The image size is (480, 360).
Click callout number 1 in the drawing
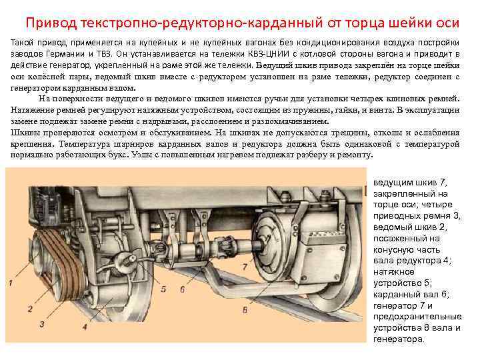(11, 283)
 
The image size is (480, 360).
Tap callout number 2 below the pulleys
(30, 309)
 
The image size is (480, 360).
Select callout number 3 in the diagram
(42, 323)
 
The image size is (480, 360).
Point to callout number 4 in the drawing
(85, 327)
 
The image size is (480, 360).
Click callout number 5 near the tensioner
(163, 289)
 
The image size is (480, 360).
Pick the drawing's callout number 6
(183, 289)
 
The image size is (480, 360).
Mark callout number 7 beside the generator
(245, 267)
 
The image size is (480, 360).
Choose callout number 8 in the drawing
(245, 310)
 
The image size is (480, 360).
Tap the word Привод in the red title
(51, 23)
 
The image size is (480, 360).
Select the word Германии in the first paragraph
(65, 54)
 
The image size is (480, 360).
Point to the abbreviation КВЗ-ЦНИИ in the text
(269, 54)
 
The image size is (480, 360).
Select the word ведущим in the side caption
(393, 183)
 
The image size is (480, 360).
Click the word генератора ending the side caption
(399, 339)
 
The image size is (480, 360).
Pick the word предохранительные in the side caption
(417, 317)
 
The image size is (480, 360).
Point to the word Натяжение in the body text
(30, 110)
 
